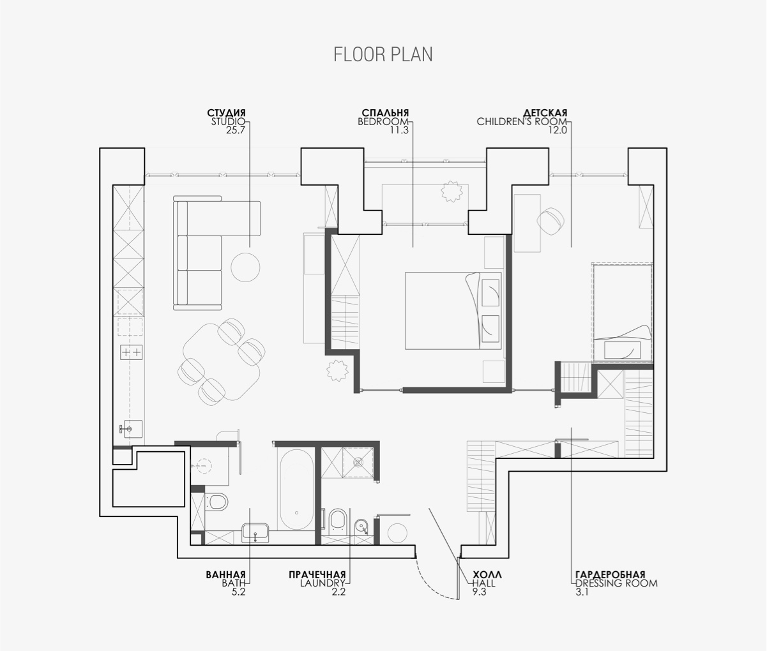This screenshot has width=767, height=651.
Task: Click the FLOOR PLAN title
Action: (383, 54)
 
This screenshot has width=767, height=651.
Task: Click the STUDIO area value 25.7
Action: (236, 130)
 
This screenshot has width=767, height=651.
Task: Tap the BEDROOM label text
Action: (383, 121)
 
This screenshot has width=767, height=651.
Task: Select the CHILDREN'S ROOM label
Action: (522, 121)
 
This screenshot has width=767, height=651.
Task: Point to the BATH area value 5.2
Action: (239, 592)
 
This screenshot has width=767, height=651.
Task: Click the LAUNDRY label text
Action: (323, 583)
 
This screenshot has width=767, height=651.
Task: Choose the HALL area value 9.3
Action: (480, 592)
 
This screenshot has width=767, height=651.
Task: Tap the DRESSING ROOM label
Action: (616, 583)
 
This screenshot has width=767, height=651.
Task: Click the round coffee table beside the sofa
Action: (245, 267)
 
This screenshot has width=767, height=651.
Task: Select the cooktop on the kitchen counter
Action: (132, 352)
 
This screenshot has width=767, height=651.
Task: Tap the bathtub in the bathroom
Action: (296, 491)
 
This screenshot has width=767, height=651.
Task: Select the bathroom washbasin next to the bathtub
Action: (255, 534)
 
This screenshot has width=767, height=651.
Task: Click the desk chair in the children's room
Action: (551, 221)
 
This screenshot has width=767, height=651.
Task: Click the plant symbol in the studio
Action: (337, 370)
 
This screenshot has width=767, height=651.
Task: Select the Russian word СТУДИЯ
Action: (226, 112)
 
